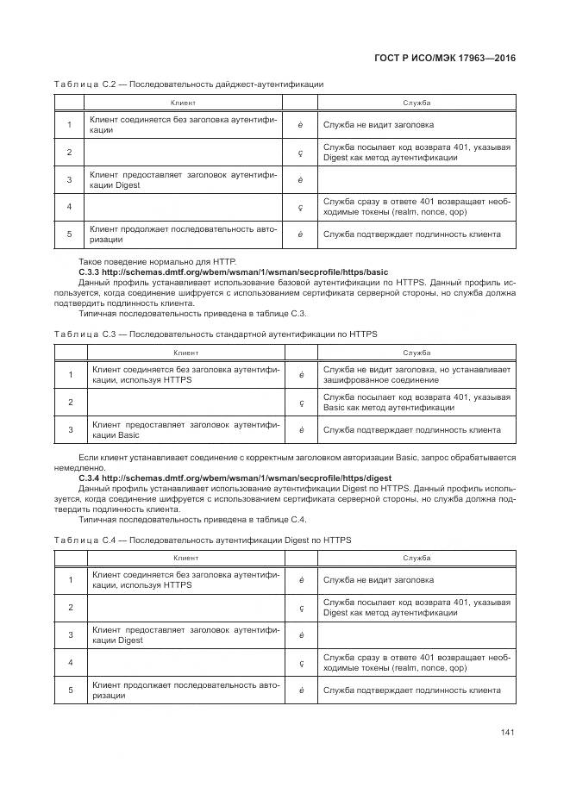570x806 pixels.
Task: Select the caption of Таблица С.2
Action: tap(189, 84)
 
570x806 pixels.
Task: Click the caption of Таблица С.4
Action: tap(202, 540)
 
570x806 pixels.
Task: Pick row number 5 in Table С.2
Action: tap(69, 234)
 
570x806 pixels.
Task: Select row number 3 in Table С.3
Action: tap(69, 429)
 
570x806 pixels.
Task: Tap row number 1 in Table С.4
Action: tap(69, 580)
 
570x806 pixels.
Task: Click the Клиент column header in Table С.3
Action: tap(186, 353)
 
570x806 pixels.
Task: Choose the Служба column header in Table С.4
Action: tap(417, 559)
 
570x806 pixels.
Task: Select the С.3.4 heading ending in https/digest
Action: tap(235, 478)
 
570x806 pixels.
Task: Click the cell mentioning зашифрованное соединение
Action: tap(417, 374)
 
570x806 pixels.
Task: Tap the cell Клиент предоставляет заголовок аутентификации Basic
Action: tap(185, 429)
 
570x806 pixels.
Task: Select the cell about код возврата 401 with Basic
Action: tap(417, 402)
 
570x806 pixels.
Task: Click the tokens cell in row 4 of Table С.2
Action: tap(417, 207)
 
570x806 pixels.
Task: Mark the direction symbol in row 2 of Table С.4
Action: tap(300, 608)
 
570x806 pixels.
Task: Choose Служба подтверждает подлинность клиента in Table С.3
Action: tap(411, 429)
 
